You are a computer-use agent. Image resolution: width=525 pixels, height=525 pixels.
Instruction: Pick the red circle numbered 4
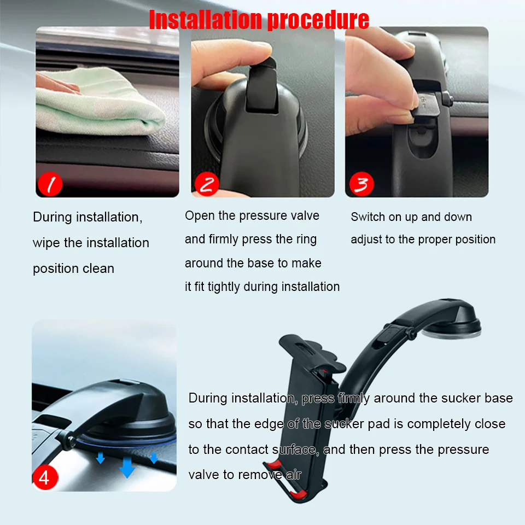(x=44, y=477)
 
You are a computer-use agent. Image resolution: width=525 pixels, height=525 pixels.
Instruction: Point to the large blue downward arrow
(x=127, y=466)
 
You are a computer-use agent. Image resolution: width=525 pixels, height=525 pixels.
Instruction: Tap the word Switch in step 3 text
(x=368, y=217)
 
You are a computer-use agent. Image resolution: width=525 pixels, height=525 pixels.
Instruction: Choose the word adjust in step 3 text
(x=366, y=240)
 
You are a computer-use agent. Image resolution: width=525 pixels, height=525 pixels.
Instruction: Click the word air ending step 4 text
(x=294, y=475)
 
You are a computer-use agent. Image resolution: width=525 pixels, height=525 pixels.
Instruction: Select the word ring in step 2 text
(x=306, y=239)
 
